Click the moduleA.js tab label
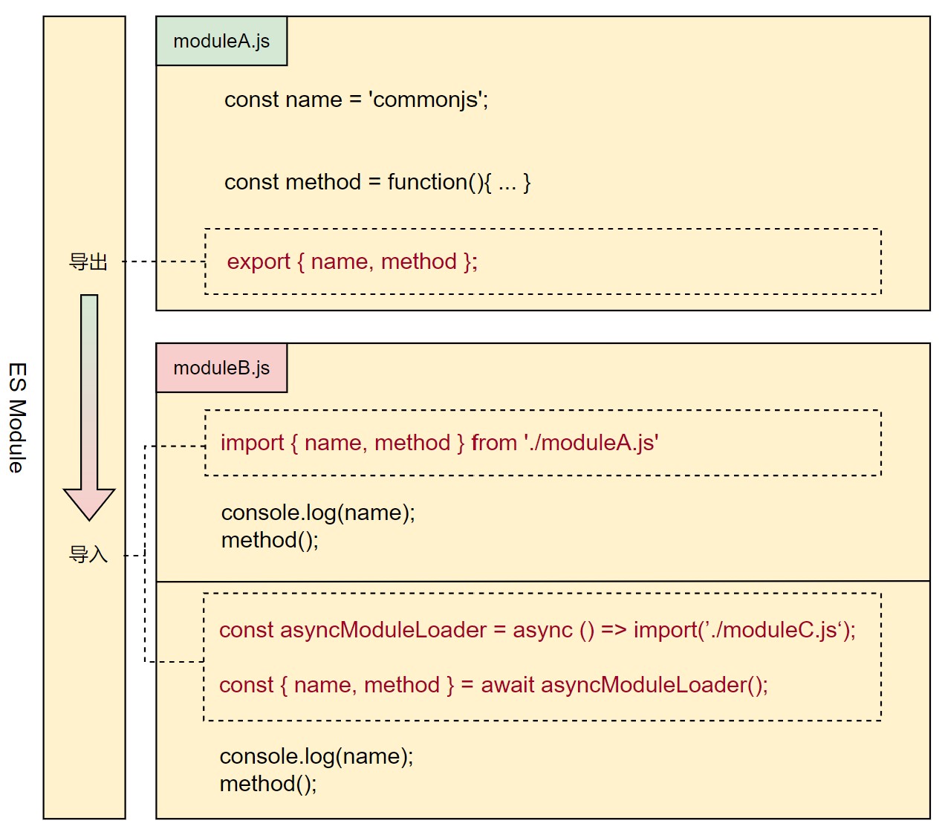(221, 42)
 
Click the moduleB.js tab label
(221, 368)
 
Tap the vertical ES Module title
(17, 417)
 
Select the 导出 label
(88, 262)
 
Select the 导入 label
(88, 554)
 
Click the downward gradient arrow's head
(89, 504)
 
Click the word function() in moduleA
(436, 182)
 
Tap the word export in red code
(259, 261)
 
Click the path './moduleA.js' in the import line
(591, 443)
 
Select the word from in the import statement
(494, 443)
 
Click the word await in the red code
(507, 685)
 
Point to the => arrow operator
(614, 630)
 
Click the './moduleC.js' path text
(773, 630)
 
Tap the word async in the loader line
(542, 630)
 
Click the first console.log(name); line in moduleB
(318, 513)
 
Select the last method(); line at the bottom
(268, 784)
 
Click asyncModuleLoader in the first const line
(383, 630)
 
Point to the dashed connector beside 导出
(163, 261)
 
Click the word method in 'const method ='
(323, 182)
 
